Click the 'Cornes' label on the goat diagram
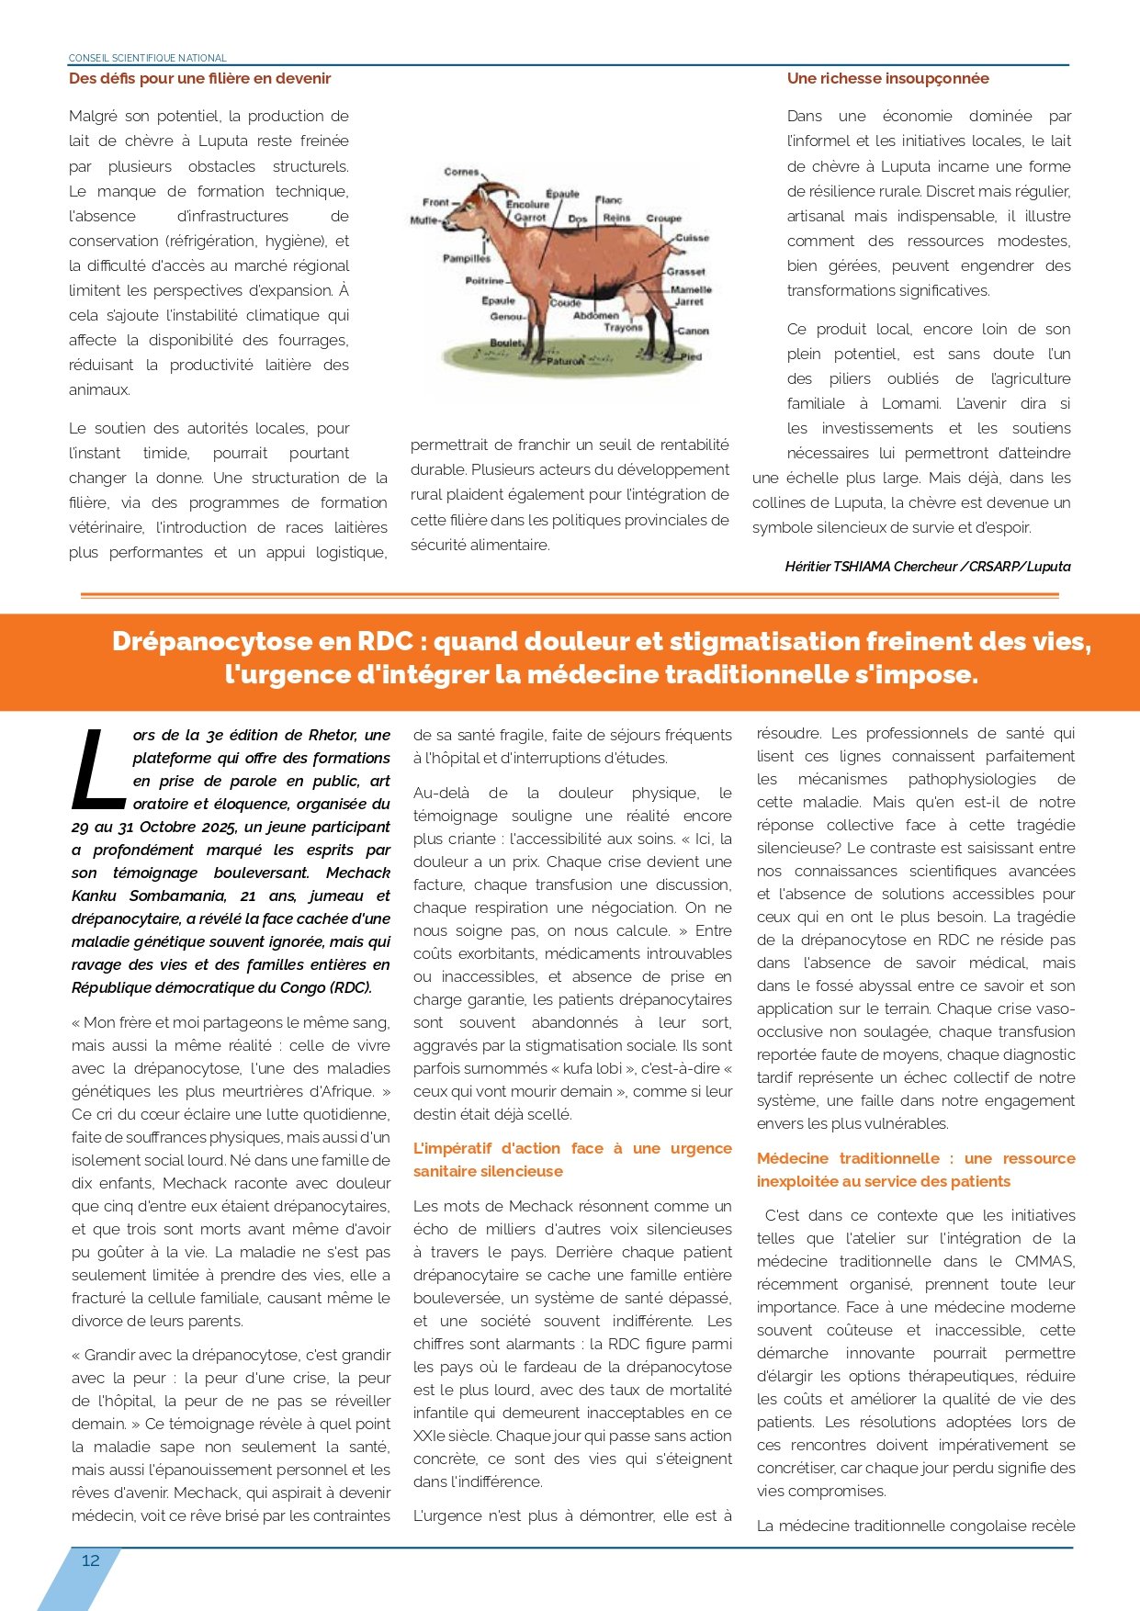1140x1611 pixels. click(461, 172)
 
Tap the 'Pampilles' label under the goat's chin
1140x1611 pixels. click(467, 258)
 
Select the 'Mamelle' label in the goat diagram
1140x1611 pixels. click(691, 289)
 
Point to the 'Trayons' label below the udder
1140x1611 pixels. click(624, 327)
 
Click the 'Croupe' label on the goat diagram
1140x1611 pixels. click(663, 219)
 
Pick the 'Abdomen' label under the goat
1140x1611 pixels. click(596, 315)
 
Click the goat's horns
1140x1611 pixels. click(496, 187)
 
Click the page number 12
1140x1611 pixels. click(91, 1560)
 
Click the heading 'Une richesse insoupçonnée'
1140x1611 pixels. click(887, 79)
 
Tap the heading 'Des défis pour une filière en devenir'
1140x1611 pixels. click(199, 79)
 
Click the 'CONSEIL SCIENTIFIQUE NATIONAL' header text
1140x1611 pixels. click(148, 58)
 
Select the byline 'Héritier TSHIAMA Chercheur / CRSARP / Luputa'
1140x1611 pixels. click(927, 567)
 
